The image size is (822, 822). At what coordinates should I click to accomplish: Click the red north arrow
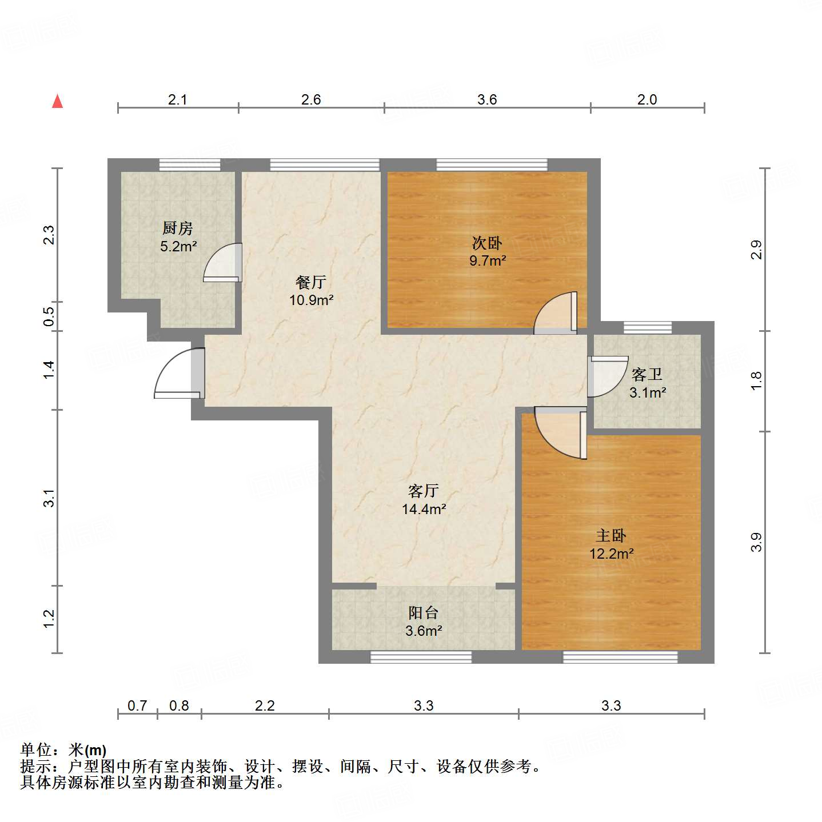57,101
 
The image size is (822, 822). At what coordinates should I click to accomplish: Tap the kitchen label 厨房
177,228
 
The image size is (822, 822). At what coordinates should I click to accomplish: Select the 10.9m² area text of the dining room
311,300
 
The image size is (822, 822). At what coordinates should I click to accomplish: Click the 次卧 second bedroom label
487,243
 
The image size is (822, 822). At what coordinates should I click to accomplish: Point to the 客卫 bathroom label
647,375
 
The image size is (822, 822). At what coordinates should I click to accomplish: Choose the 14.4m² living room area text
424,509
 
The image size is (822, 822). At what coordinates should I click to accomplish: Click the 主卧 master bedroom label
611,536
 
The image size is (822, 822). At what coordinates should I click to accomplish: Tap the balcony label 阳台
424,613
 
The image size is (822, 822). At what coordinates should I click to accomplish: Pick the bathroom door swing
607,375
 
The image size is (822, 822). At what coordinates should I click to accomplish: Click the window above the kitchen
189,165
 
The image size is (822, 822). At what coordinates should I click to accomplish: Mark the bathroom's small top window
647,327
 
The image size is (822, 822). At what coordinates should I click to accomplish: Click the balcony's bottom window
421,657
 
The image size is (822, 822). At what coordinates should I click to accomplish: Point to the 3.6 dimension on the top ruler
487,99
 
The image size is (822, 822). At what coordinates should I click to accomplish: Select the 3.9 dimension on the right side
756,542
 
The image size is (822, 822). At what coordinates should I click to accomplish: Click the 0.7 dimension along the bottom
137,705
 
